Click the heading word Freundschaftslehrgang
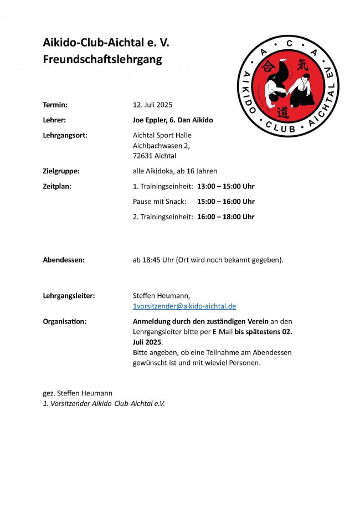(x=102, y=60)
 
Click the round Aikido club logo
(x=287, y=86)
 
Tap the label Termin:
(x=55, y=105)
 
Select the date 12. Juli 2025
(x=153, y=105)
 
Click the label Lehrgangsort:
(x=65, y=135)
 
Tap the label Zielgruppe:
(x=61, y=171)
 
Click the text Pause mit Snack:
(x=160, y=202)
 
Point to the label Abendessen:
(x=64, y=260)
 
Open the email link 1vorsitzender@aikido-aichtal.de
(x=184, y=306)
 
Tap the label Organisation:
(x=64, y=321)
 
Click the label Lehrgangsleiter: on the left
(x=69, y=296)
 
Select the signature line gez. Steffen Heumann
(x=78, y=393)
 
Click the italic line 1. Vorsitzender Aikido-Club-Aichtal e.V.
(x=104, y=404)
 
